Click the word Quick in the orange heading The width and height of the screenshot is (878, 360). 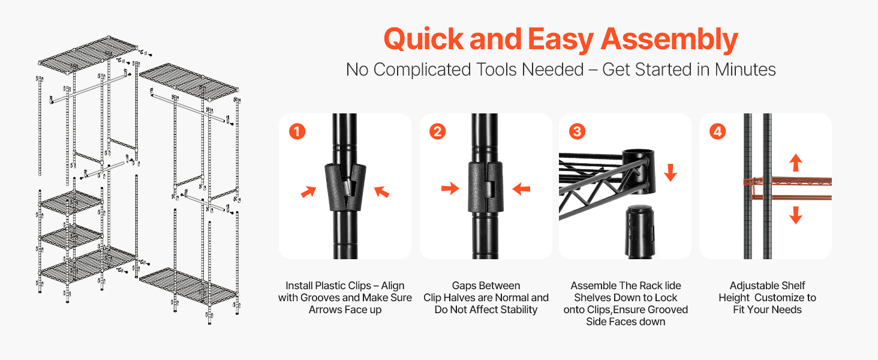(424, 39)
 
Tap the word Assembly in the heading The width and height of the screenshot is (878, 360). (669, 40)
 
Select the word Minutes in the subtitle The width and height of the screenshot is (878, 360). (745, 70)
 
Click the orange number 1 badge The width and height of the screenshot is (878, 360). (297, 131)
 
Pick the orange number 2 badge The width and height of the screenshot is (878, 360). (437, 131)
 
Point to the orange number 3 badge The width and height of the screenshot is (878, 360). (577, 131)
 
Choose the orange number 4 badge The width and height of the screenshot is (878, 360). (717, 131)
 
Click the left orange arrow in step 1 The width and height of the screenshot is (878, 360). (308, 191)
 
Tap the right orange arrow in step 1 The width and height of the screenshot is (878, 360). (381, 191)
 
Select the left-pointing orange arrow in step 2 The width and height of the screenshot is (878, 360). (521, 188)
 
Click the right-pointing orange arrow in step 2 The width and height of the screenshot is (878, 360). (450, 188)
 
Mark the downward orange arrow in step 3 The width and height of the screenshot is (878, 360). (670, 173)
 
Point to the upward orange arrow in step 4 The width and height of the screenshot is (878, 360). (796, 163)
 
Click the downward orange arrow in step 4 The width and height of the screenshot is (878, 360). (796, 215)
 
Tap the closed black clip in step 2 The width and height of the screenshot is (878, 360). (485, 187)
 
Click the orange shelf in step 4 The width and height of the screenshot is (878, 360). (787, 189)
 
